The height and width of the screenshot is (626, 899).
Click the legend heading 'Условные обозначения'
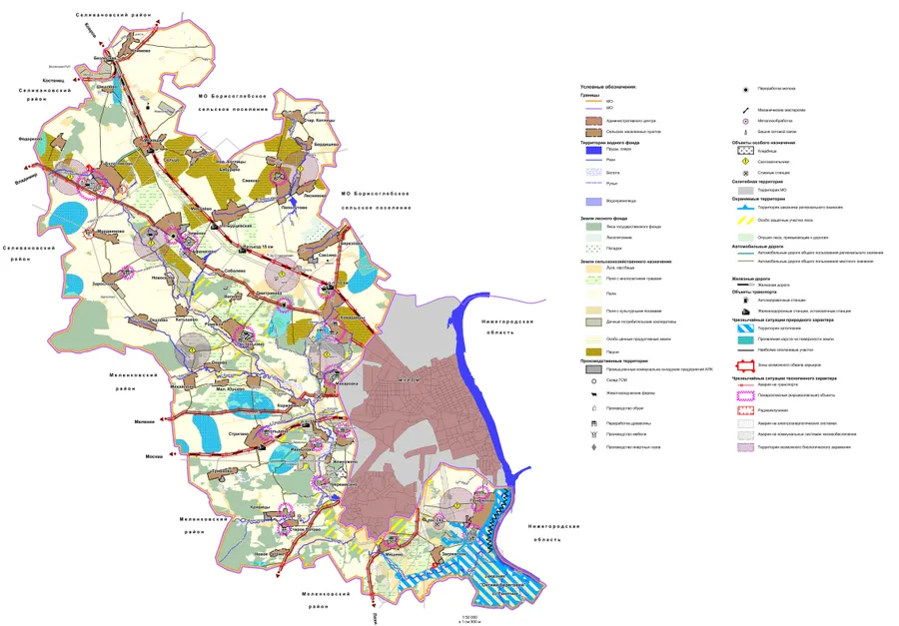pos(607,87)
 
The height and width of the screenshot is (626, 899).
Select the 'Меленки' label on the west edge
pos(145,422)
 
